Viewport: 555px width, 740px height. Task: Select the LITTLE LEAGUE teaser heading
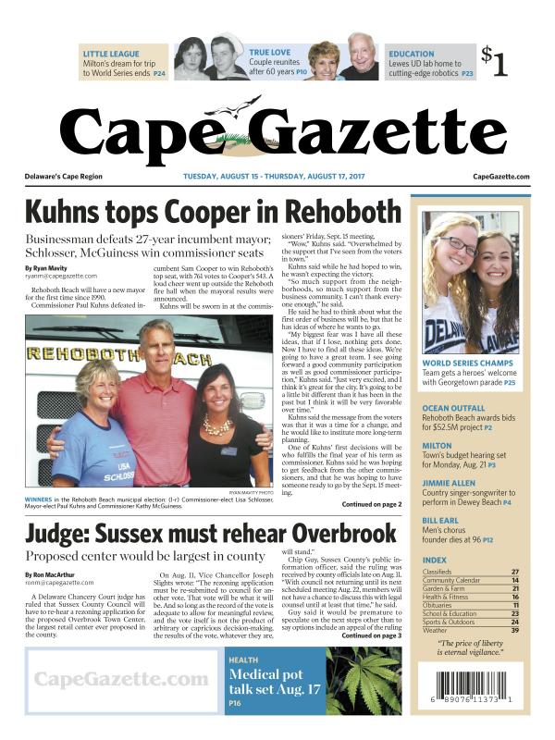(111, 54)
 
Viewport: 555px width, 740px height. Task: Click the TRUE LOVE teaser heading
(269, 54)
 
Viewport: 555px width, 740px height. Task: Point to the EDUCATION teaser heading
(412, 54)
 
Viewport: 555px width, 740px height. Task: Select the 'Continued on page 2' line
(372, 505)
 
